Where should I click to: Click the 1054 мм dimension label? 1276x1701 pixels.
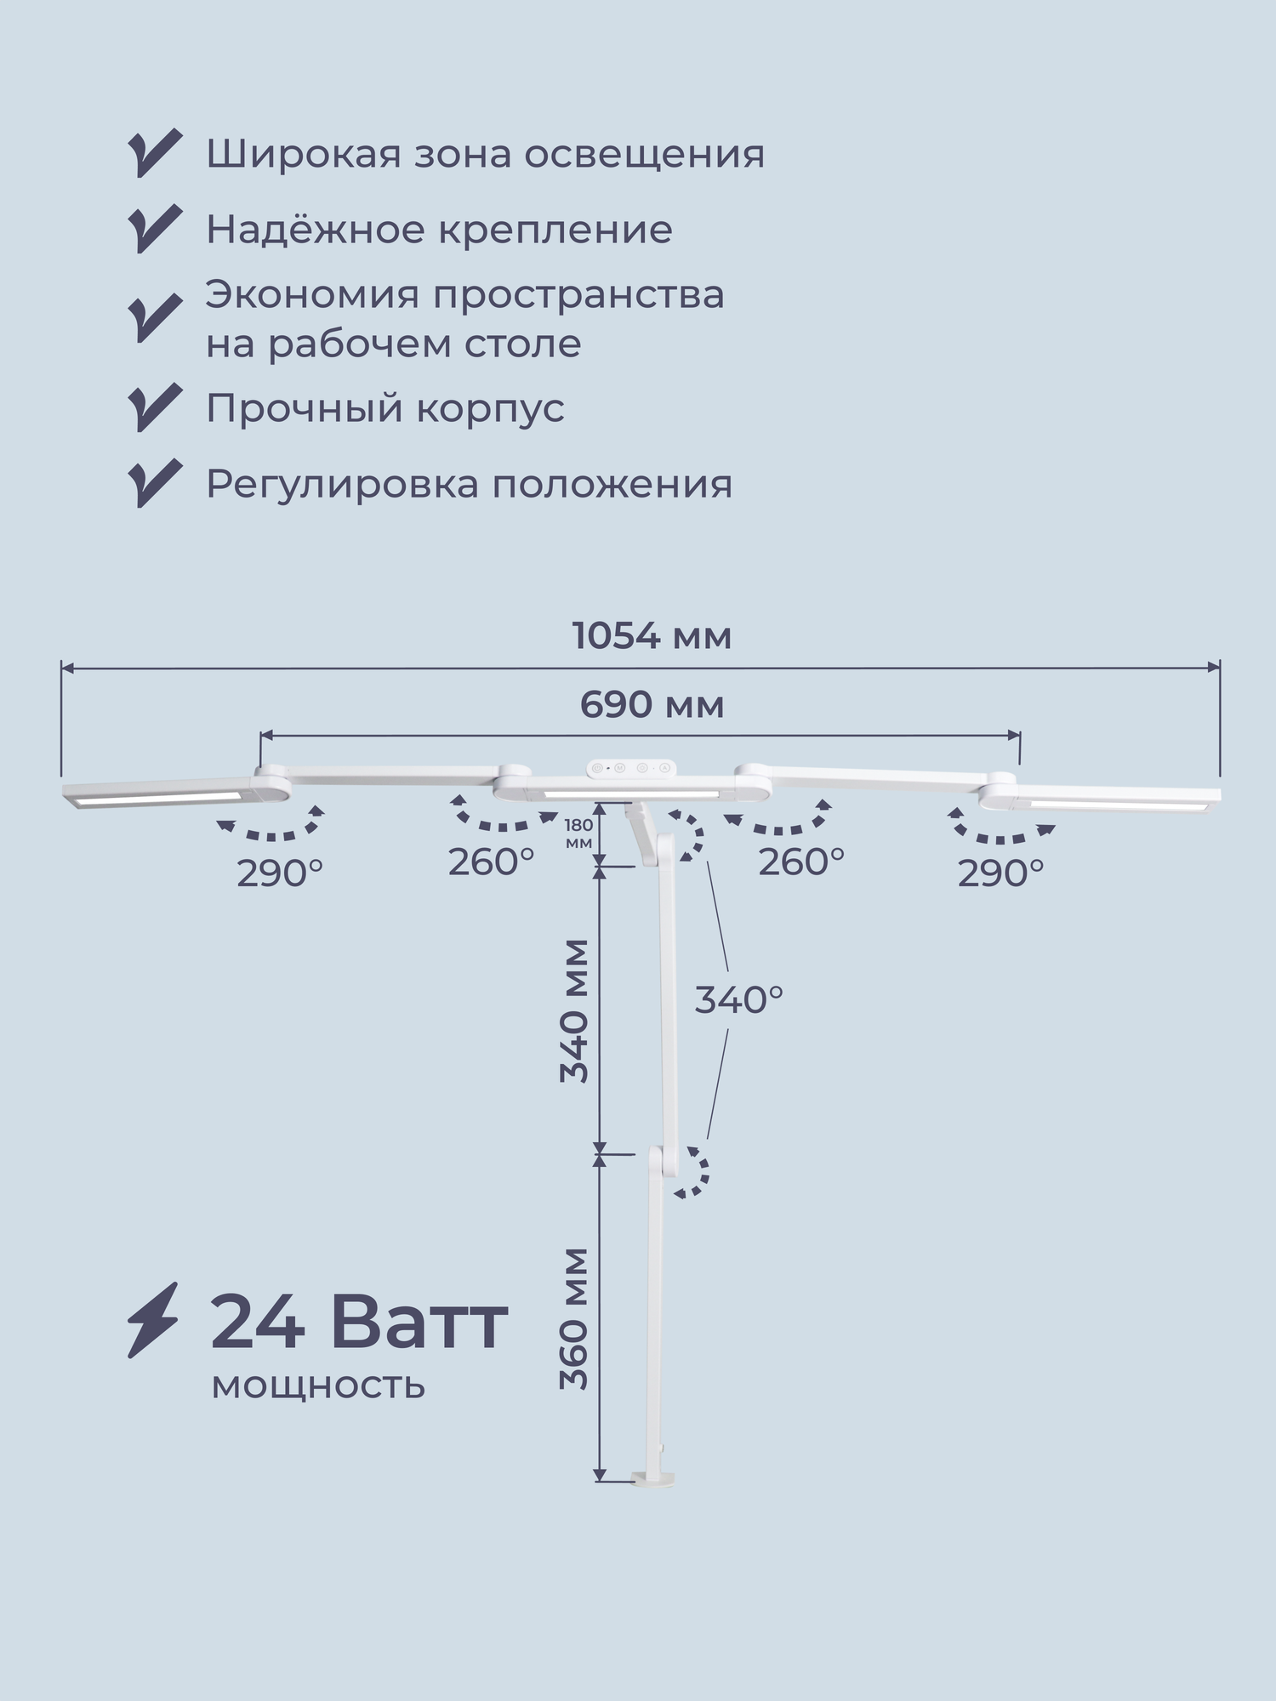coord(652,636)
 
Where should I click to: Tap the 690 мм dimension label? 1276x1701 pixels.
coord(652,705)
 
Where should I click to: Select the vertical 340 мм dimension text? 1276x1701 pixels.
coord(575,1011)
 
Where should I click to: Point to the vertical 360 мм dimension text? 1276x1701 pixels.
coord(575,1318)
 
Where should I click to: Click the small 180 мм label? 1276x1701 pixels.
coord(578,833)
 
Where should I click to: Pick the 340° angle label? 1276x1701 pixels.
coord(738,1000)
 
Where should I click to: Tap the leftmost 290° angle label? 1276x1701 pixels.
coord(280,873)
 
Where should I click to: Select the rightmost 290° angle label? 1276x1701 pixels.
coord(1000,873)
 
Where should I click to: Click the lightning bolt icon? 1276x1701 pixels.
coord(153,1319)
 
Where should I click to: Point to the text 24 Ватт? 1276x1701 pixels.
coord(359,1323)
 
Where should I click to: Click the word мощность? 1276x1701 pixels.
coord(318,1385)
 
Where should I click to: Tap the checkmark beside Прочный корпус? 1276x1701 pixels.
coord(155,407)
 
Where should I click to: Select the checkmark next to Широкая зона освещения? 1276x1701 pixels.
coord(155,153)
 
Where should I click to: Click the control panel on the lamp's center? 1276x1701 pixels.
coord(631,768)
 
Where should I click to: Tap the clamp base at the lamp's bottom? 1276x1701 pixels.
coord(652,1481)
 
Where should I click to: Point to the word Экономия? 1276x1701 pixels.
coord(312,295)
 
